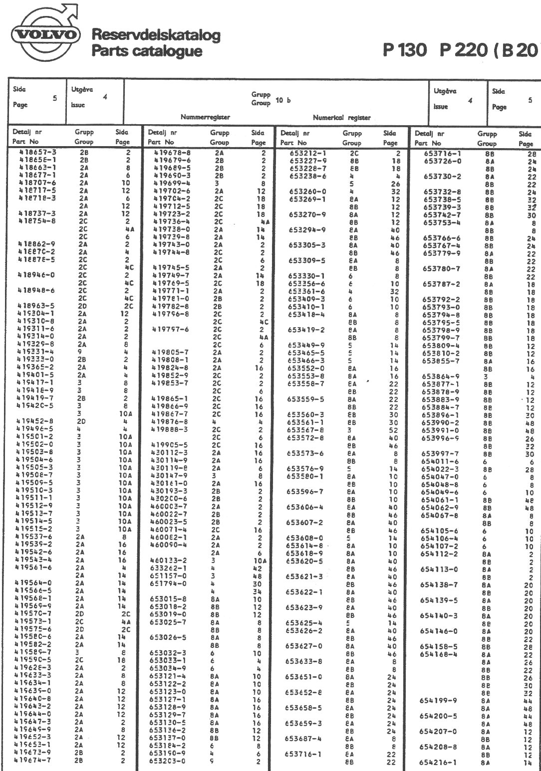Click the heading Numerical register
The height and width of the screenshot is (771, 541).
[341, 118]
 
